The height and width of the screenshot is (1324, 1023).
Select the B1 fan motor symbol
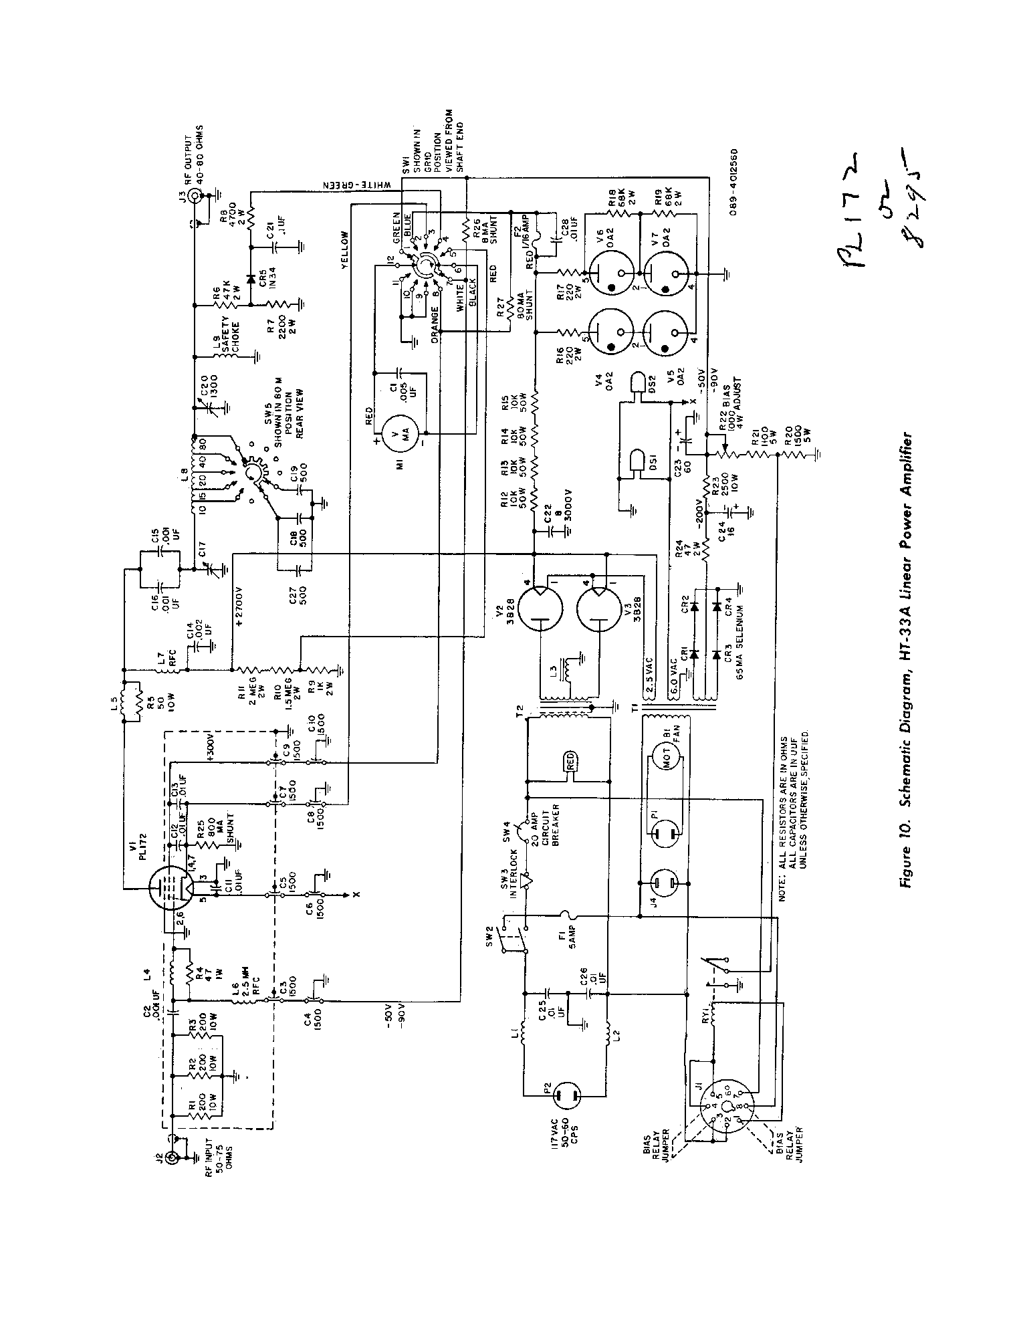click(x=665, y=758)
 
